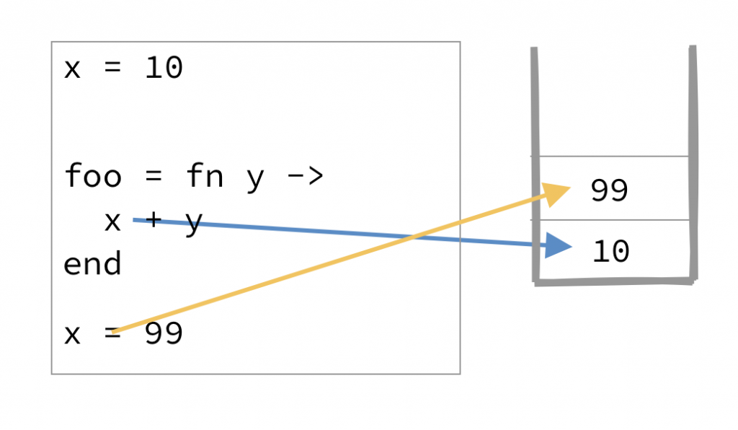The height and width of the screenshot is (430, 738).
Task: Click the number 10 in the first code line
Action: (x=164, y=69)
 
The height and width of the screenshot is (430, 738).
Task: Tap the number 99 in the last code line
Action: (x=164, y=335)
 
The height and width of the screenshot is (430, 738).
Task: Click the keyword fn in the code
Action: (x=204, y=176)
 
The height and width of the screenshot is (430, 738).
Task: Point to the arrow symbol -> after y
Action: (x=305, y=176)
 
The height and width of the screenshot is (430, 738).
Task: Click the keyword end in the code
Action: (x=93, y=264)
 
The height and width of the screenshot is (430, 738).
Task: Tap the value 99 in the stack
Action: (x=610, y=190)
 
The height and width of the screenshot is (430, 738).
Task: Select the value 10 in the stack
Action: (x=611, y=252)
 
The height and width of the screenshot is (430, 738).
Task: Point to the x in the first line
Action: (x=72, y=69)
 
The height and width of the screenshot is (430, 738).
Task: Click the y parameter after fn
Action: (x=255, y=177)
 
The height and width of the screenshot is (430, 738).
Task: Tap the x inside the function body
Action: (x=113, y=221)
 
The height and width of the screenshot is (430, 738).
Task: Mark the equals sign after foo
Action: (x=154, y=176)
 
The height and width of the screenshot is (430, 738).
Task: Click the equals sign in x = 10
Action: (x=113, y=69)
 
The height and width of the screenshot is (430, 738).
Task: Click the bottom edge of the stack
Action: (x=615, y=281)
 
